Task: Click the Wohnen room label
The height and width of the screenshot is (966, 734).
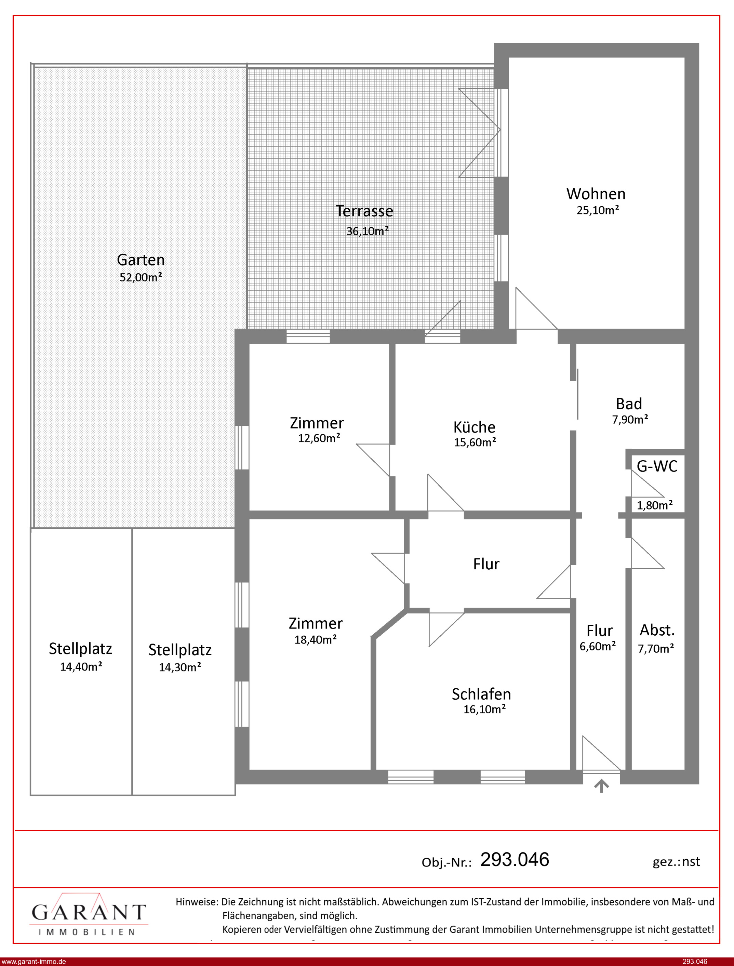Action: coord(596,194)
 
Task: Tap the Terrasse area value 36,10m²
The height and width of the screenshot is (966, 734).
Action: coord(368,231)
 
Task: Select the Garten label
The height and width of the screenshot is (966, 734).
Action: coord(141,260)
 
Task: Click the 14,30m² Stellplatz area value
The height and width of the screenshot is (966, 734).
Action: coord(180,667)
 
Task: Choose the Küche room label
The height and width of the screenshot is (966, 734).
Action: coord(475,427)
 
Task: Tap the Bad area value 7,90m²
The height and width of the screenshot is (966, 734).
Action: coord(630,420)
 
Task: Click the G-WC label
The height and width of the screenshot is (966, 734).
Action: coord(657,466)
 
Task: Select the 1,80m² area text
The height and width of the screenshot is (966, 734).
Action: coord(654,505)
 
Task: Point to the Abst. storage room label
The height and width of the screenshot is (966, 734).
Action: coord(657,630)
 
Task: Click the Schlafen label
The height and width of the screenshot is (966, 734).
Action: coord(481,694)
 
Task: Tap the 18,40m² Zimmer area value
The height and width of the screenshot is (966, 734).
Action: coord(316,640)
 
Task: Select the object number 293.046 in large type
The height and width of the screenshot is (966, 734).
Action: coord(515,859)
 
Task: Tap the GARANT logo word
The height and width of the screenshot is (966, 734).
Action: coord(89,913)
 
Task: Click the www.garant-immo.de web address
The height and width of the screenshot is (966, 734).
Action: coord(34,962)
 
